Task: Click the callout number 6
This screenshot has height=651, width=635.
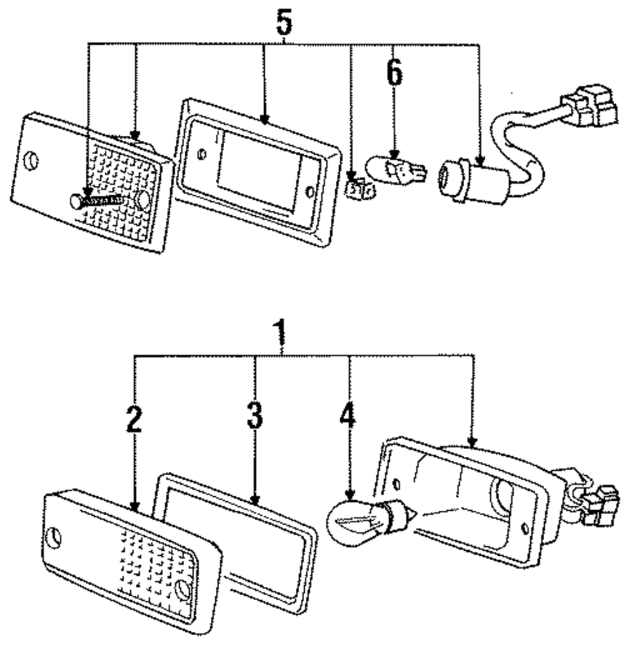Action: point(394,72)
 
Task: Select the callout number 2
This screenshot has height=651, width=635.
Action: point(134,419)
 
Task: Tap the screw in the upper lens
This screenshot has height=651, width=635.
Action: point(97,201)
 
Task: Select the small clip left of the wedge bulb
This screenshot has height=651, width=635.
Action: point(359,189)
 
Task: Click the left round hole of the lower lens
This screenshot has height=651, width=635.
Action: point(53,538)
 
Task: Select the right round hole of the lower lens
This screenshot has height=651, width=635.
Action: point(182,588)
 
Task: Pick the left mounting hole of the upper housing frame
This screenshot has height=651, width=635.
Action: point(202,154)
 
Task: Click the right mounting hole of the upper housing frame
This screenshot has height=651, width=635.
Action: point(309,192)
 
